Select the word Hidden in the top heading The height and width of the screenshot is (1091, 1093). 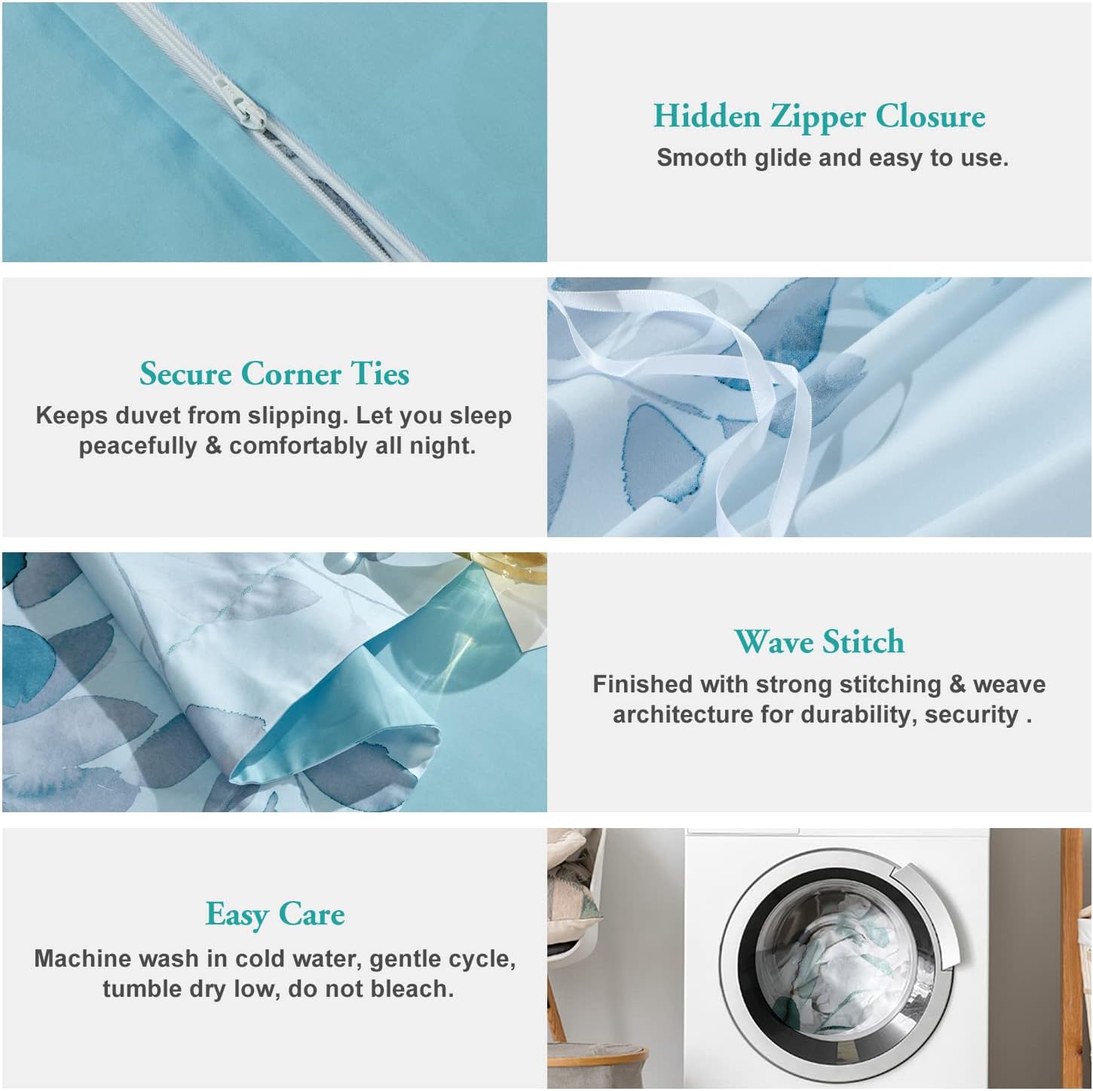[706, 116]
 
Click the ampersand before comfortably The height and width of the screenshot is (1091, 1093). [213, 446]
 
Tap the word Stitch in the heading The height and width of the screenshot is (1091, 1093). [863, 643]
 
